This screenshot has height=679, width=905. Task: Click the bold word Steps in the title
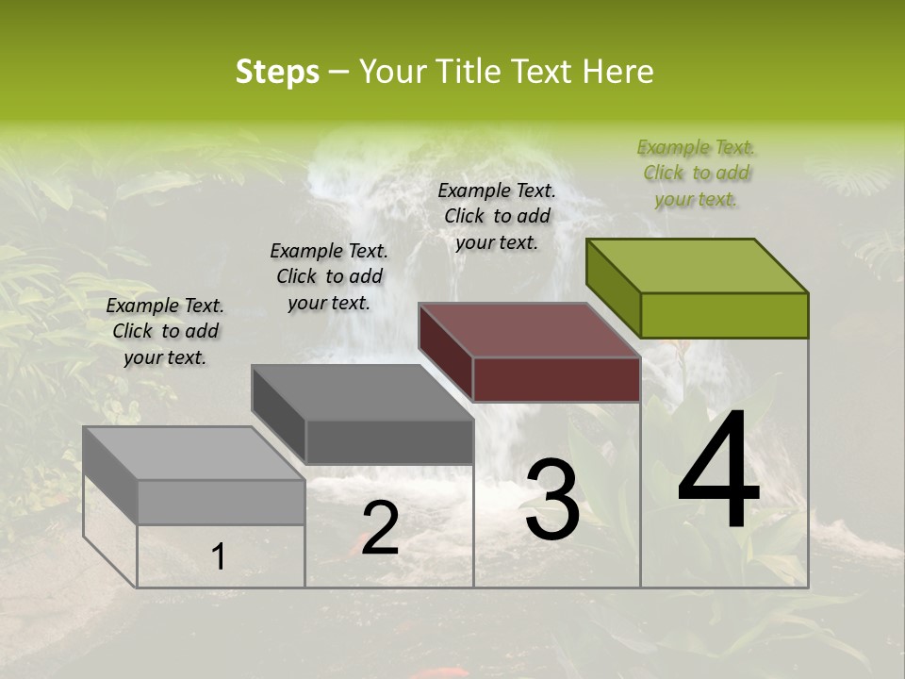277,72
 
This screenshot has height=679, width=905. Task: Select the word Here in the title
618,72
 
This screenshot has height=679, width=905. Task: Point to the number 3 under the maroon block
552,500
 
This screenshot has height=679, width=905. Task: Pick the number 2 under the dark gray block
380,528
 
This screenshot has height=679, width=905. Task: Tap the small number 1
219,556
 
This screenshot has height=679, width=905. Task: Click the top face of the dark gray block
362,392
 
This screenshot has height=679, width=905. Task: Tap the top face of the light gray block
194,454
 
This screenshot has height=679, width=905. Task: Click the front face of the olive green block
724,315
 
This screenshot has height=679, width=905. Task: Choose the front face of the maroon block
556,379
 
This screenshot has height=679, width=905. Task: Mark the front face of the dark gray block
388,441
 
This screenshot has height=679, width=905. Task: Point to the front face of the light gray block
221,502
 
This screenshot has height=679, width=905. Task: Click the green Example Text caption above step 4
697,174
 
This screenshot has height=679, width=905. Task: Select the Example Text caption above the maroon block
498,216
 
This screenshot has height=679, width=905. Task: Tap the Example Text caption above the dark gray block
329,276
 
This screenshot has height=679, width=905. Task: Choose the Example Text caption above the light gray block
165,331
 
